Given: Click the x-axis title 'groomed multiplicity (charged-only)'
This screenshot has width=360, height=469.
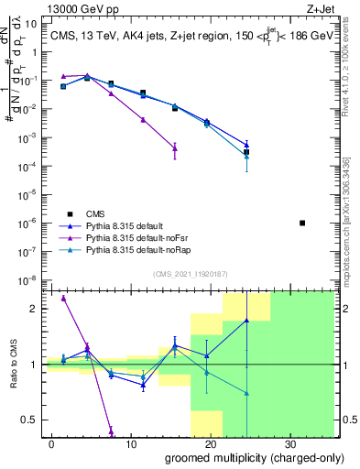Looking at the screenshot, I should click(240, 457).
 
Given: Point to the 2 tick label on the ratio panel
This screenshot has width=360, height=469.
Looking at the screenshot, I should click(34, 309).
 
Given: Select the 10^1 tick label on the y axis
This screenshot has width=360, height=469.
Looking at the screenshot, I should click(29, 23).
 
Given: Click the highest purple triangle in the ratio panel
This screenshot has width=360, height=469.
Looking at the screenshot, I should click(63, 298).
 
